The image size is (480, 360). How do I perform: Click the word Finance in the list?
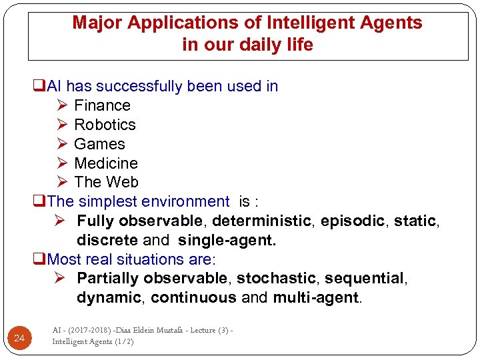pos(102,105)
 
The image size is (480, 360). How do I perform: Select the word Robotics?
pos(105,125)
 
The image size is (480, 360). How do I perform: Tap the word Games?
pos(99,144)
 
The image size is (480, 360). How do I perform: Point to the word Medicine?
pos(106,163)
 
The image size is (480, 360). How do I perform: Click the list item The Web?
pos(106,182)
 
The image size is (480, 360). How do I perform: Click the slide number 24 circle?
pos(19,339)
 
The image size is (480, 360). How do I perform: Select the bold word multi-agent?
pos(317,297)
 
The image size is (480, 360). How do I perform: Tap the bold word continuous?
pos(193,297)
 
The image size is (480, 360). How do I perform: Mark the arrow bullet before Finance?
pos(62,105)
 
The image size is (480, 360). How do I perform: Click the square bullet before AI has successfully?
pos(39,87)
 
